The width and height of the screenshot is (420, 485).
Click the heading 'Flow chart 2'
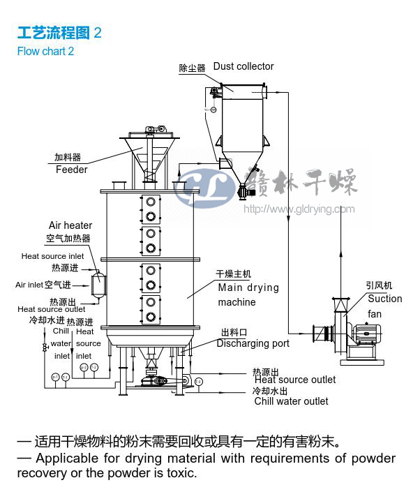click(x=45, y=51)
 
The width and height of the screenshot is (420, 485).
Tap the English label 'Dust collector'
click(x=243, y=66)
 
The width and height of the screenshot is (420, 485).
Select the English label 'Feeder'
click(x=72, y=170)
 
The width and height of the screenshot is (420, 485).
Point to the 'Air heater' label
click(x=70, y=225)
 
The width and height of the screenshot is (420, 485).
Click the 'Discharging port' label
click(x=253, y=343)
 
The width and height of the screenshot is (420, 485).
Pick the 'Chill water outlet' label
click(x=291, y=401)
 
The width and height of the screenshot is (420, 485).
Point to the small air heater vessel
click(x=98, y=284)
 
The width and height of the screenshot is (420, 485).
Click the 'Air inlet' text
click(x=29, y=285)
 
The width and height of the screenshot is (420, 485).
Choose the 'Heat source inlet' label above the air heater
click(x=52, y=256)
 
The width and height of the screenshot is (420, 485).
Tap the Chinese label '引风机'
click(x=379, y=285)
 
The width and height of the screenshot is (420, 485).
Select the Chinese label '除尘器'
click(x=192, y=68)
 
